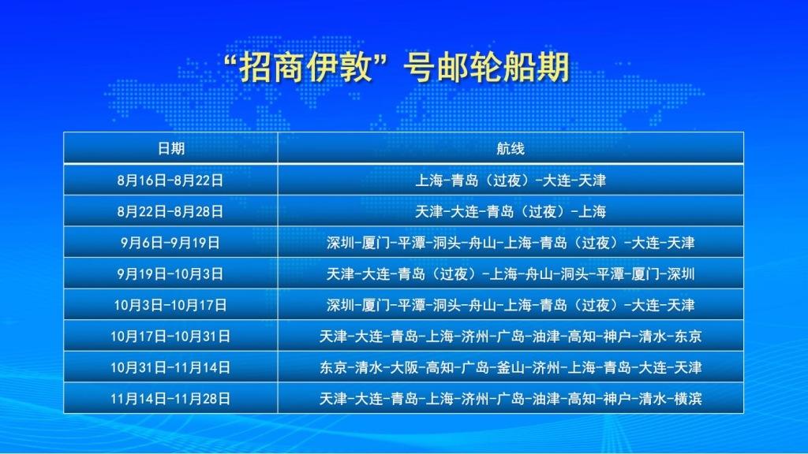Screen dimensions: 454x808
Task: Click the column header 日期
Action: click(x=171, y=148)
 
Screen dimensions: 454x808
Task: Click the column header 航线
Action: click(x=511, y=148)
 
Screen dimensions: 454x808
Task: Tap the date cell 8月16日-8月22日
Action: click(x=170, y=180)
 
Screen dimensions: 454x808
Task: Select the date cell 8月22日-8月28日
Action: click(x=170, y=211)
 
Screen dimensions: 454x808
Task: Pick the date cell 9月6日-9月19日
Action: click(x=170, y=243)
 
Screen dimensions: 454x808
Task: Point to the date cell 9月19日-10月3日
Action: click(x=170, y=274)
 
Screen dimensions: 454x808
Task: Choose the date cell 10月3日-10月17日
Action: click(x=170, y=305)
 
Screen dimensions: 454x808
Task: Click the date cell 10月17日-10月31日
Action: click(x=170, y=337)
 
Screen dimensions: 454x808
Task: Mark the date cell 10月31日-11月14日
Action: click(x=170, y=367)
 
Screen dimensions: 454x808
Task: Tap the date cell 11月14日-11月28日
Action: click(x=170, y=399)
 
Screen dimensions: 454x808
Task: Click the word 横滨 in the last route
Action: click(x=686, y=399)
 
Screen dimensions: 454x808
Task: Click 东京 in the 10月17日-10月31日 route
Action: click(x=686, y=337)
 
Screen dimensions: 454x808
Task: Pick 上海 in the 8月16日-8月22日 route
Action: click(x=429, y=180)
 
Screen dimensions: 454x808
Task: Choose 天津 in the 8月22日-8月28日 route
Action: click(x=429, y=211)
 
